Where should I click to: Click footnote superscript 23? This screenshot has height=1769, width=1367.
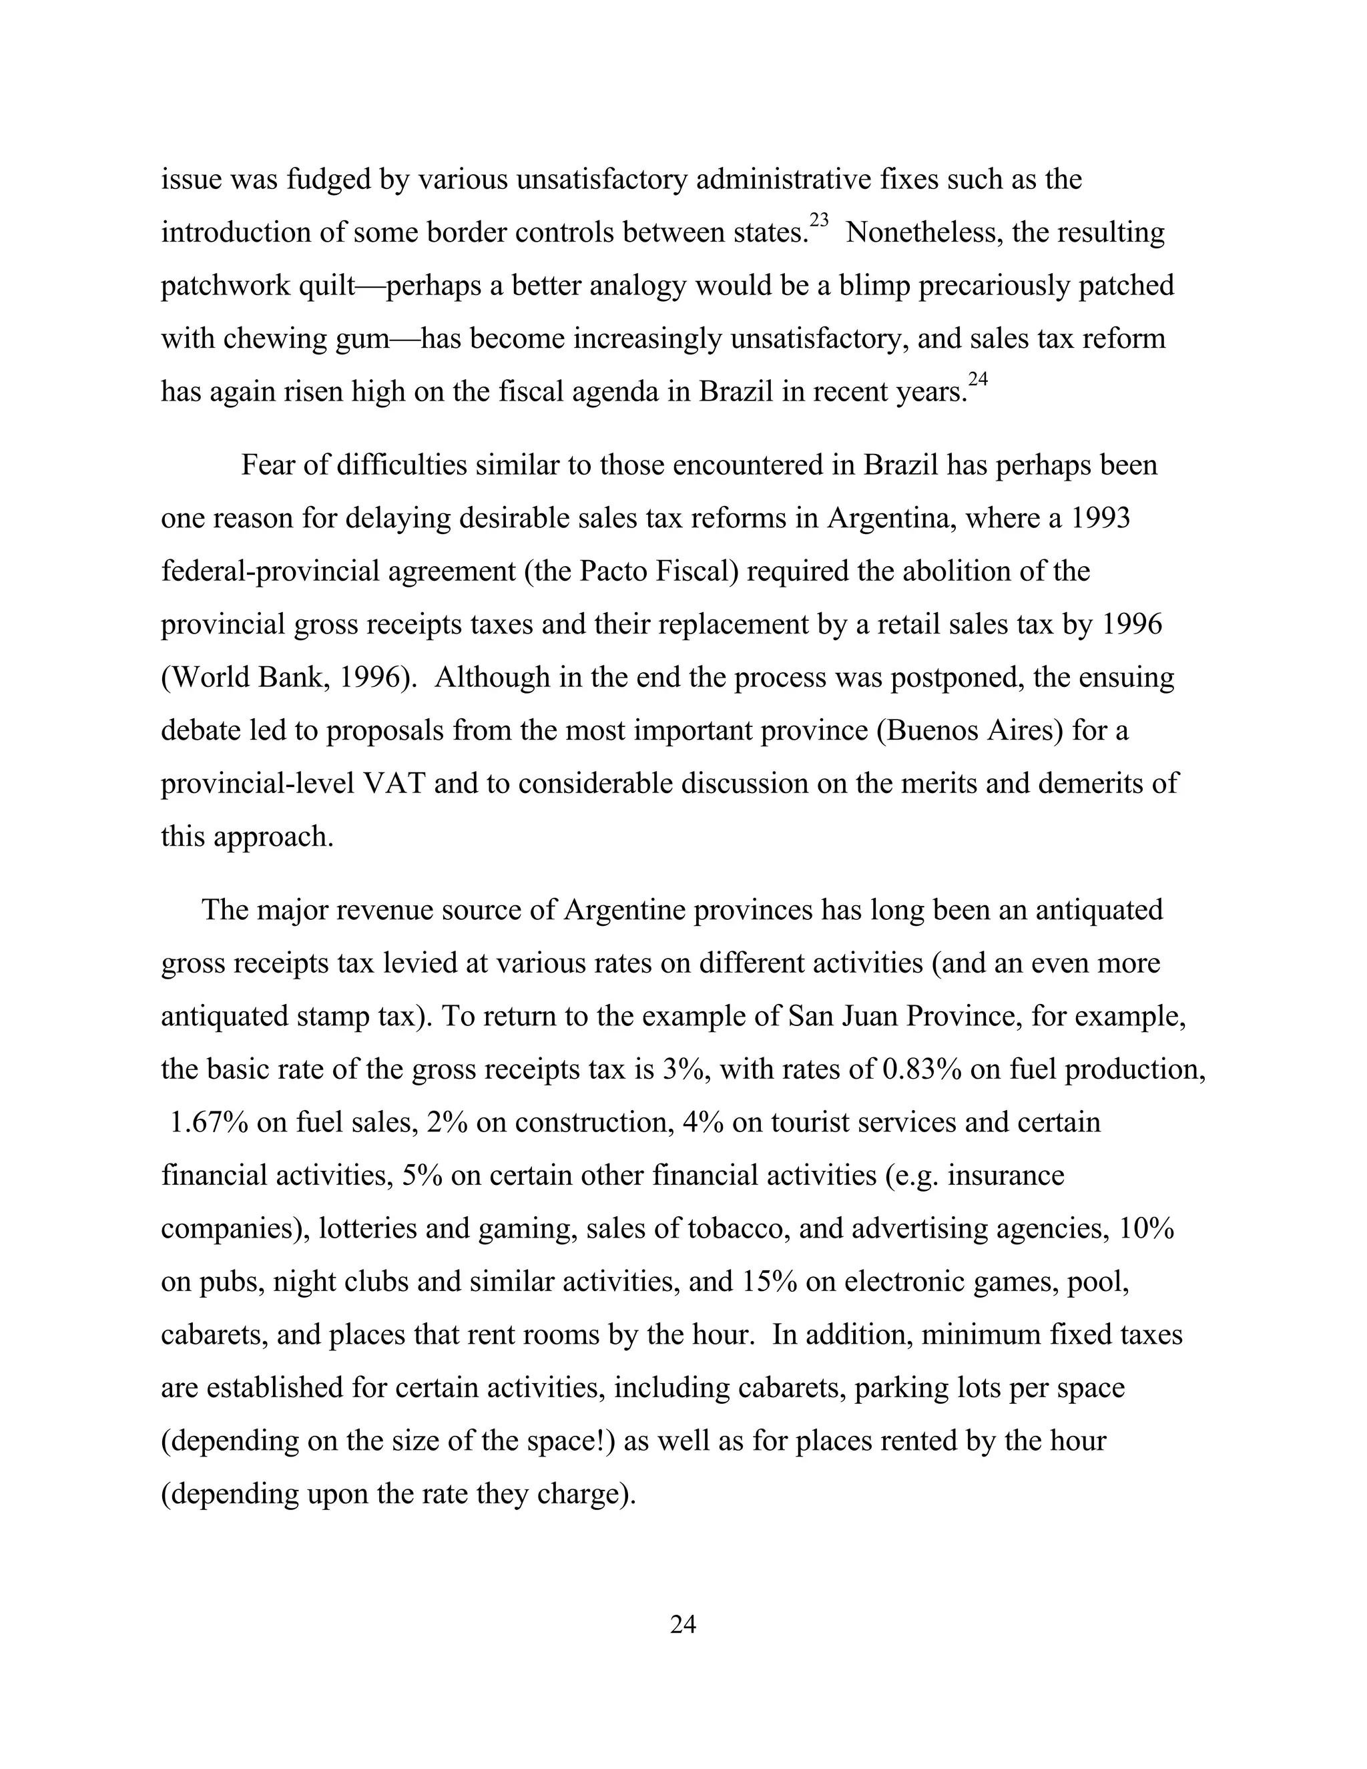click(x=819, y=220)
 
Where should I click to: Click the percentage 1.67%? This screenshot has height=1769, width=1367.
click(x=209, y=1123)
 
